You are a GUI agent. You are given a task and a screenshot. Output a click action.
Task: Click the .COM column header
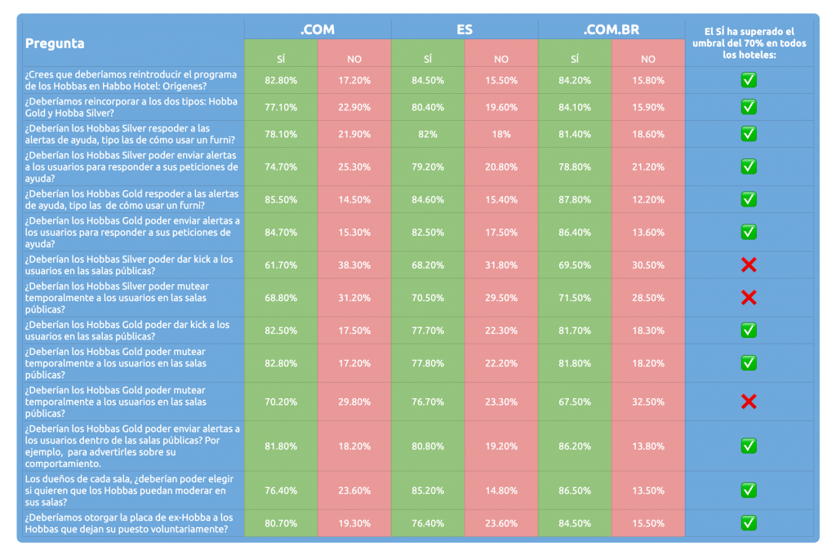(x=318, y=29)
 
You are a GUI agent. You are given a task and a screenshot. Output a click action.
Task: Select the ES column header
(x=465, y=29)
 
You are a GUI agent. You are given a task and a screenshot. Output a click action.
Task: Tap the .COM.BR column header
(x=611, y=29)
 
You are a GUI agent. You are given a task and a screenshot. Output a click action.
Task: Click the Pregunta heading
(x=55, y=43)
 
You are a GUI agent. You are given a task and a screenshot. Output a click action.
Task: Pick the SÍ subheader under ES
(x=428, y=59)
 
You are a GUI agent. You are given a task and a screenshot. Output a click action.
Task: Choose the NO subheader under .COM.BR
(x=648, y=59)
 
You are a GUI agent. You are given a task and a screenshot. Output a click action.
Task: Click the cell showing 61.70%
(x=281, y=265)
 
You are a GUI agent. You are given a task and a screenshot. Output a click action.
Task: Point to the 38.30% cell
(x=354, y=265)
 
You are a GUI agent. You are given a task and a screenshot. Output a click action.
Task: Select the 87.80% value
(x=575, y=199)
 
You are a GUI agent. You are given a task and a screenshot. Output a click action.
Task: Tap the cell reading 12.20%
(x=648, y=199)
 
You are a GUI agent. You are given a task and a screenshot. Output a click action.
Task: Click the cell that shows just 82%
(x=428, y=134)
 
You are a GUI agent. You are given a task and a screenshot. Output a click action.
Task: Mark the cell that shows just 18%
(x=501, y=134)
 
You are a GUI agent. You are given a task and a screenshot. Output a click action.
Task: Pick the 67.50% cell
(x=575, y=402)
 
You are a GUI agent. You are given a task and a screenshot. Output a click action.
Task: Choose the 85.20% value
(x=428, y=491)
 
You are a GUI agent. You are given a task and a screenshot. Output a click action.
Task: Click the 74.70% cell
(x=281, y=166)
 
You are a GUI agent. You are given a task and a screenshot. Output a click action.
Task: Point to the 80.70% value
(x=281, y=523)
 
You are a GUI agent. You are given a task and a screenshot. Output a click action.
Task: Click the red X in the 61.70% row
(x=749, y=265)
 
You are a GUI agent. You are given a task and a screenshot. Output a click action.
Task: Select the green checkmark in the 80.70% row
(x=749, y=523)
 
